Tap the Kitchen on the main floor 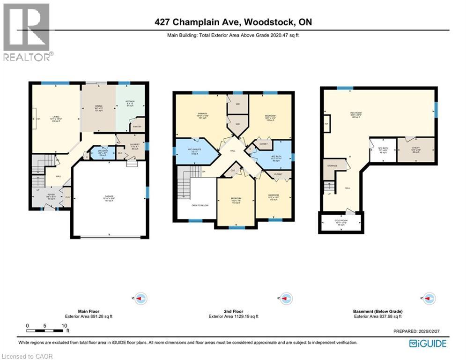coord(130,103)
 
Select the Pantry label coord(138,127)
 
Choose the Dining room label coord(99,107)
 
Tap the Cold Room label coord(340,222)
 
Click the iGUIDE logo coord(428,344)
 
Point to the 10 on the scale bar coord(63,325)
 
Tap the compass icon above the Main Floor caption coord(141,298)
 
